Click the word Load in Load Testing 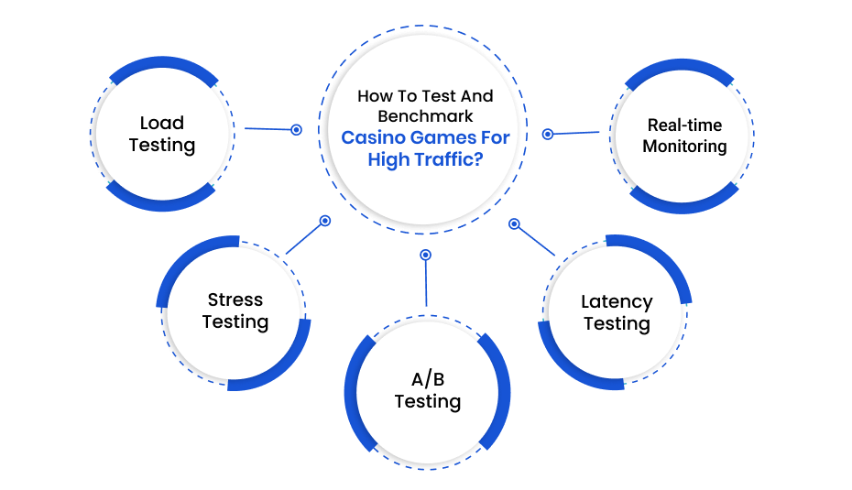tap(162, 123)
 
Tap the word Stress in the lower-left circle tap(235, 299)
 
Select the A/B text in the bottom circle tap(428, 378)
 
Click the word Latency tap(617, 301)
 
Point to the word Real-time tap(684, 125)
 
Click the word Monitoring tap(684, 147)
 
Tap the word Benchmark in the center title tap(425, 116)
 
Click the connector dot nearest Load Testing tap(296, 130)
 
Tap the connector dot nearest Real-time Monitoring tap(548, 135)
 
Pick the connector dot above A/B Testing tap(426, 255)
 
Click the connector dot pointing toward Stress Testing tap(325, 221)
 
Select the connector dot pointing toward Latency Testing tap(514, 223)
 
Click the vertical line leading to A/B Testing tap(426, 283)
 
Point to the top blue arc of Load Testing tap(163, 63)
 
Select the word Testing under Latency tap(617, 324)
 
